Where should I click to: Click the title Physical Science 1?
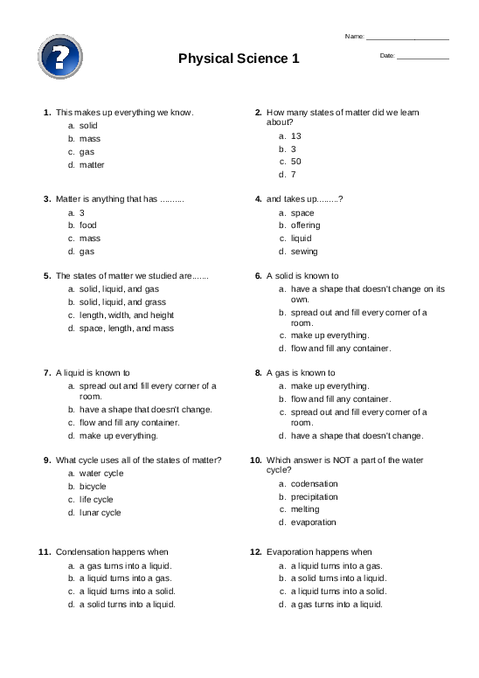pyautogui.click(x=239, y=59)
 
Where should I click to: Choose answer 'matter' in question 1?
pyautogui.click(x=92, y=164)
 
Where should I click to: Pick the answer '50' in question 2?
pyautogui.click(x=296, y=162)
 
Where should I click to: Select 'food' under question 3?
pyautogui.click(x=88, y=225)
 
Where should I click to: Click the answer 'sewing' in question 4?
pyautogui.click(x=304, y=252)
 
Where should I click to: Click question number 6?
pyautogui.click(x=258, y=275)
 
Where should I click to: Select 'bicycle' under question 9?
pyautogui.click(x=93, y=486)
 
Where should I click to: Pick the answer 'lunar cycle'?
pyautogui.click(x=100, y=513)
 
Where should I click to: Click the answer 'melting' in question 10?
pyautogui.click(x=305, y=509)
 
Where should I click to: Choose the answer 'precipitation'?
pyautogui.click(x=314, y=496)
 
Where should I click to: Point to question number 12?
pyautogui.click(x=256, y=552)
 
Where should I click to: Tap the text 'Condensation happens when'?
pyautogui.click(x=112, y=552)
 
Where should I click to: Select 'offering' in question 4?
pyautogui.click(x=305, y=225)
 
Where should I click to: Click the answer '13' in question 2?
pyautogui.click(x=296, y=136)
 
